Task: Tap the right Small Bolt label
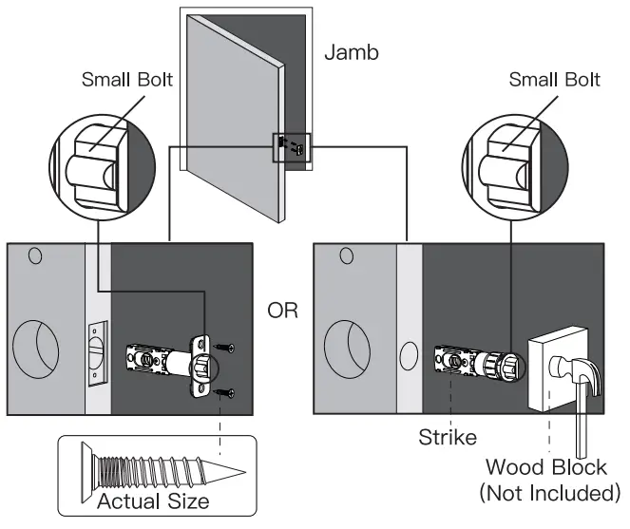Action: click(x=554, y=79)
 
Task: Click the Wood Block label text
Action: click(x=546, y=468)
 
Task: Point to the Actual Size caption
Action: click(x=154, y=500)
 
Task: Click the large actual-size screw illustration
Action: click(x=153, y=471)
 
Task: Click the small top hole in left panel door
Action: click(x=34, y=255)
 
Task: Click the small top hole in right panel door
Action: click(x=346, y=255)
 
